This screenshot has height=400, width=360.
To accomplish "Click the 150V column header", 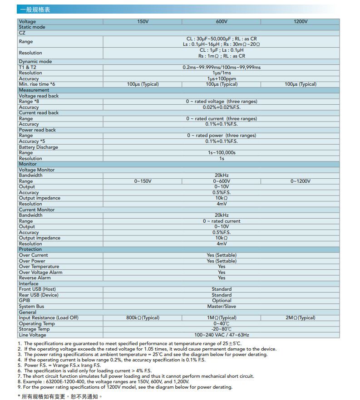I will click(143, 21).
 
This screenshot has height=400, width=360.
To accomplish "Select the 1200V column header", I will click(300, 21).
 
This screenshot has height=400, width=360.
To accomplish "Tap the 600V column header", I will click(222, 21).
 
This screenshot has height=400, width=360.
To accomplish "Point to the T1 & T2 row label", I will click(28, 67).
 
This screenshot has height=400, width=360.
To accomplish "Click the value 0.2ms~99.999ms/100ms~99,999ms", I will click(222, 67).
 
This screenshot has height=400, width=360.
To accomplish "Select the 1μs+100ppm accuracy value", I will click(222, 78).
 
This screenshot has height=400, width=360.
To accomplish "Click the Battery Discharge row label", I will click(39, 147).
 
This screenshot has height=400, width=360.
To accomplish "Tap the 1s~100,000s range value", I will click(222, 153).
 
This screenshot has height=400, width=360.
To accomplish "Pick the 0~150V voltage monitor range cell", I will click(143, 181).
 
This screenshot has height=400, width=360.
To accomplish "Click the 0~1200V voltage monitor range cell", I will click(300, 181).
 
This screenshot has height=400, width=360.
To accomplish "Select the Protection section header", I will click(30, 249).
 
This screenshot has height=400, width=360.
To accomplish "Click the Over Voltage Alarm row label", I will click(41, 272).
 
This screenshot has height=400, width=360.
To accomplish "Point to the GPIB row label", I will click(24, 300).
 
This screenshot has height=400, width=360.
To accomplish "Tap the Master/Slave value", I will click(222, 306).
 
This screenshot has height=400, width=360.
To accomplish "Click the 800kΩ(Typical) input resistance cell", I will click(143, 317).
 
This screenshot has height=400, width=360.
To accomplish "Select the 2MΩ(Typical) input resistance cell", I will click(300, 317).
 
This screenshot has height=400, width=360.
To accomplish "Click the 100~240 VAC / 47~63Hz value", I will click(222, 335).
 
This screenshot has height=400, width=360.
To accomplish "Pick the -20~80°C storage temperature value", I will click(222, 329).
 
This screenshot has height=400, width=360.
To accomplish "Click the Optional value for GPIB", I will click(222, 300).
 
